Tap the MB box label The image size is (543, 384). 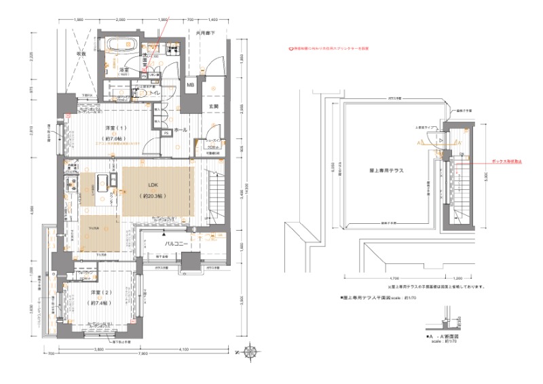tap(191, 85)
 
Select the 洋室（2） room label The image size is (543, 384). tap(102, 292)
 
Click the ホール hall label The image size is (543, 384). tap(181, 128)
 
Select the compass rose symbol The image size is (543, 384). tap(251, 351)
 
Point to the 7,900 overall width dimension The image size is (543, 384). tap(143, 353)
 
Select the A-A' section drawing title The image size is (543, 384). tap(442, 337)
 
